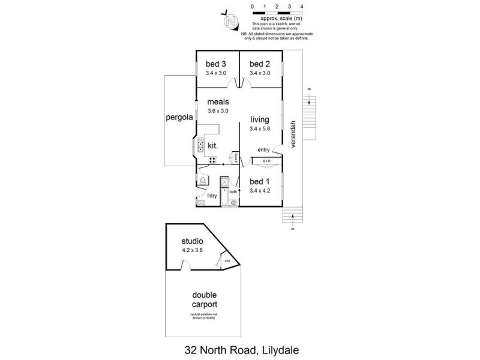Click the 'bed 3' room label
click(x=216, y=65)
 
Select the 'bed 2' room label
click(x=260, y=65)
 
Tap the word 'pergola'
click(x=178, y=118)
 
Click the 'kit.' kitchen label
click(x=212, y=146)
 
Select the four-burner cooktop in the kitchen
click(x=212, y=160)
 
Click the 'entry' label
click(x=263, y=149)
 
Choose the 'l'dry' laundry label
click(x=211, y=196)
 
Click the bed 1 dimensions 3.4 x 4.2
click(x=260, y=191)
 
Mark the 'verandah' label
click(x=294, y=136)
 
